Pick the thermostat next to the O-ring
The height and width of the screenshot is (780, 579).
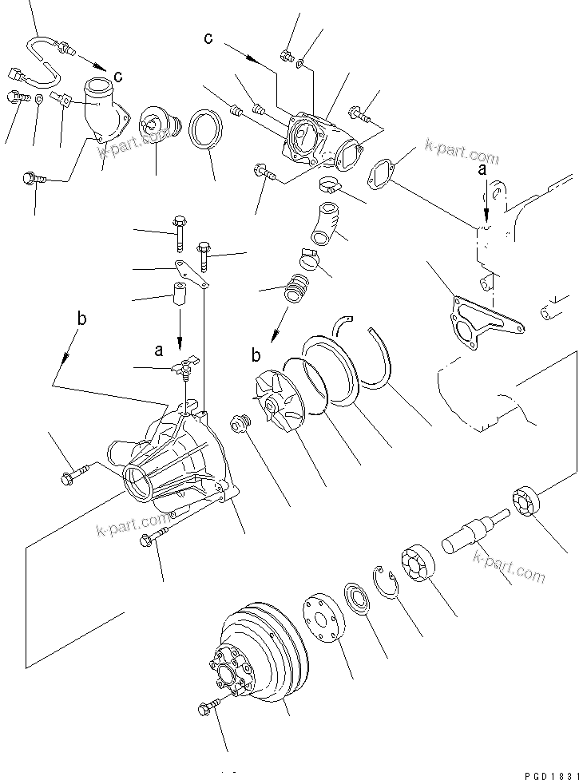(159, 128)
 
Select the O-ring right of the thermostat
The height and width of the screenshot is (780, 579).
(206, 129)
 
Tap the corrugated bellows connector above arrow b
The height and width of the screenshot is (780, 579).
(295, 288)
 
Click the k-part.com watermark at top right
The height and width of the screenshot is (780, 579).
(461, 152)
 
